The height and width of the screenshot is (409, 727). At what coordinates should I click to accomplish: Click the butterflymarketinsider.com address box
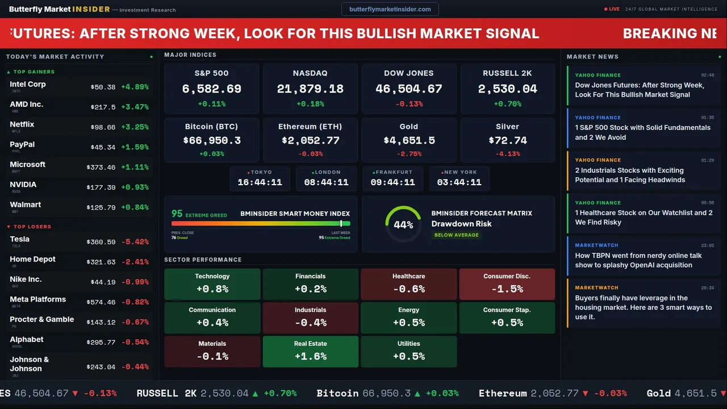pos(390,9)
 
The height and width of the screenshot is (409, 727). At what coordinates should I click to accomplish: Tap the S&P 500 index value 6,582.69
pos(211,89)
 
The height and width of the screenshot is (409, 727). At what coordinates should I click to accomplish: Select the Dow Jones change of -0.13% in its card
pos(409,104)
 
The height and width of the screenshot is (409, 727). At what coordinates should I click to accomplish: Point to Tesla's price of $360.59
pos(102,242)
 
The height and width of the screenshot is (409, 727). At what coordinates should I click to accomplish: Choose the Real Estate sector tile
pos(310,352)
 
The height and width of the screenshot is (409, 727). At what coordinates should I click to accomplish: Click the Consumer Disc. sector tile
pos(507,284)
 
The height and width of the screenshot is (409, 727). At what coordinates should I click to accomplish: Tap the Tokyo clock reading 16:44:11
pos(260,182)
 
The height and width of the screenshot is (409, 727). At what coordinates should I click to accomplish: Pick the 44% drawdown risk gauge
pos(403,224)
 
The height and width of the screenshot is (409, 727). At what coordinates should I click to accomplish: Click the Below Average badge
pos(456,235)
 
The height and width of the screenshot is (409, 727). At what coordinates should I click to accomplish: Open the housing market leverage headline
pos(643,307)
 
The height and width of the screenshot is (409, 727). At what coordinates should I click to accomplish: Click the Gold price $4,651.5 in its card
pos(409,140)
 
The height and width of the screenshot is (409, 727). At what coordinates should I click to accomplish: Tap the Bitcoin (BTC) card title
pos(211,127)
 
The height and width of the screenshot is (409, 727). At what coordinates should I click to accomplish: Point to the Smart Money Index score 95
pos(177,214)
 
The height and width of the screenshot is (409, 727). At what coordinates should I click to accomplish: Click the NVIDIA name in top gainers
pos(23,185)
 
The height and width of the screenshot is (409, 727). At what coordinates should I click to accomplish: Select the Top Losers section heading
pos(32,227)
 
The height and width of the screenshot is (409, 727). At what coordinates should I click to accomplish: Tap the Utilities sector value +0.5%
pos(409,356)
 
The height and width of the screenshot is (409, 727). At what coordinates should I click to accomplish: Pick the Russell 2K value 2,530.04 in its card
pos(507,89)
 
